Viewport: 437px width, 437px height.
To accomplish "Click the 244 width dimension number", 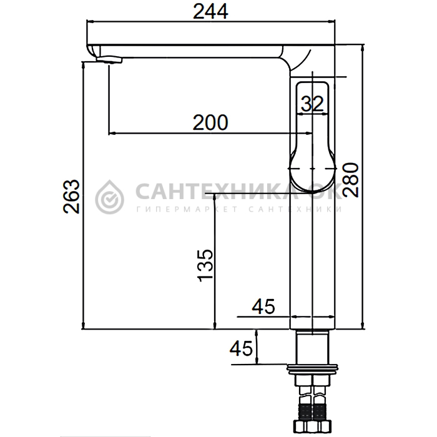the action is pyautogui.click(x=211, y=12).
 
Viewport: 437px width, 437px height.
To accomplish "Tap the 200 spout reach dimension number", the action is pyautogui.click(x=210, y=122).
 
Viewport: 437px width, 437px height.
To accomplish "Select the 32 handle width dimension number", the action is pyautogui.click(x=312, y=104).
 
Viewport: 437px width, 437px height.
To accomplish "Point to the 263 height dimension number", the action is pyautogui.click(x=71, y=197).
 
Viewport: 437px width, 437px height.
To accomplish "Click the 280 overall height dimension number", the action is pyautogui.click(x=351, y=180).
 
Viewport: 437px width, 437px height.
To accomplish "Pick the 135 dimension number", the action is pyautogui.click(x=205, y=265).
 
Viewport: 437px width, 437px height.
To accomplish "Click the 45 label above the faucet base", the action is pyautogui.click(x=263, y=307).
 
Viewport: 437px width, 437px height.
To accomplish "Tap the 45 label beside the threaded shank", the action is pyautogui.click(x=241, y=348).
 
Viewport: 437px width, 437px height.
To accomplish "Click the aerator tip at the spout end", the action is pyautogui.click(x=109, y=59).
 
